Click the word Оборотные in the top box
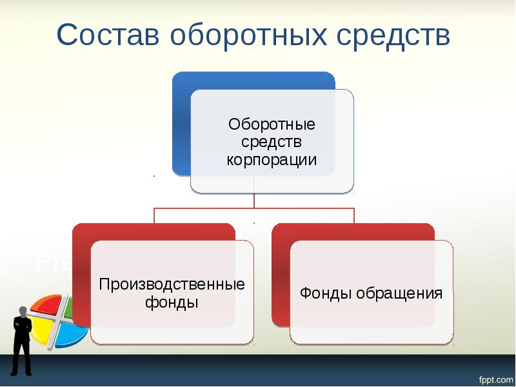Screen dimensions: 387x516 (272, 123)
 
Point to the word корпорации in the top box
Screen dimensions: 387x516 (272, 159)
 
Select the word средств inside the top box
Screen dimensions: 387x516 (272, 141)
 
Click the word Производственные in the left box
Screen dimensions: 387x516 (172, 284)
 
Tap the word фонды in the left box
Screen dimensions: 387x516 (172, 303)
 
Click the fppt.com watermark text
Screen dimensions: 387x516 (494, 376)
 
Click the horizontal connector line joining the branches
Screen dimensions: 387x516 (254, 208)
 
